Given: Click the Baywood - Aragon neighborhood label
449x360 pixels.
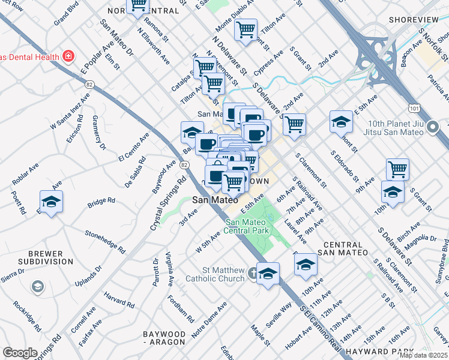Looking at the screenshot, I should [164, 338].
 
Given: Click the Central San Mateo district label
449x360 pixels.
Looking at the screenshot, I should [345, 249].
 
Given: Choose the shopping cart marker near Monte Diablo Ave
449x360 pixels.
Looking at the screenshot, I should [246, 29].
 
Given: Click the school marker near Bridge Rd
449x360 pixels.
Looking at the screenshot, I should [51, 201].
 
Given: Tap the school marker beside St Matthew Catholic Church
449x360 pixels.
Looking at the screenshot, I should [268, 273].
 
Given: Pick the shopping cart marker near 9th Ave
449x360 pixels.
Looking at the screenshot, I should [397, 169].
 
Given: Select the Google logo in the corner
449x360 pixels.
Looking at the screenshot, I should [20, 352].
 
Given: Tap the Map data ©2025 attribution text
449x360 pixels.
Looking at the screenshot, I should [423, 355].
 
